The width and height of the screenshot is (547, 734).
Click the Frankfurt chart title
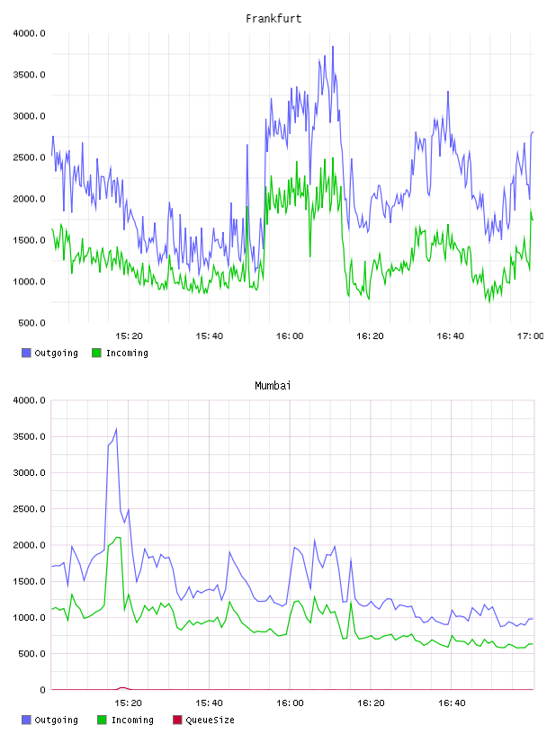tap(273, 19)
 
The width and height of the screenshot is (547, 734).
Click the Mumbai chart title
tap(273, 386)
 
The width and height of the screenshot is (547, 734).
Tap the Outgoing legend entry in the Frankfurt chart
tap(49, 353)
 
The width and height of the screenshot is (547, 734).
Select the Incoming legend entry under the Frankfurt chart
tap(121, 353)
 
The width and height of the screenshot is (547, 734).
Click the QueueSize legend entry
tap(203, 720)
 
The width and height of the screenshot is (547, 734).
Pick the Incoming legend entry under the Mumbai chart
tap(126, 720)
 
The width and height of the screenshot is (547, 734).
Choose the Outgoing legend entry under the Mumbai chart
tap(49, 720)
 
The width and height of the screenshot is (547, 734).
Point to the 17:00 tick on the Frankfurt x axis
tap(531, 336)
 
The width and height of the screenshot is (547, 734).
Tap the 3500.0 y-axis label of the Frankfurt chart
tap(30, 75)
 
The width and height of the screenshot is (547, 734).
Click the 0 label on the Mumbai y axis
tap(42, 690)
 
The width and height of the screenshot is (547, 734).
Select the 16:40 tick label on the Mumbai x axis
tap(452, 703)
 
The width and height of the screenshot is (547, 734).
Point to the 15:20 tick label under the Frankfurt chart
tap(129, 336)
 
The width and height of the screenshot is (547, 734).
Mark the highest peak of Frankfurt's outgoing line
tap(333, 47)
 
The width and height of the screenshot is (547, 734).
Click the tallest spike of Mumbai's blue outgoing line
tap(116, 428)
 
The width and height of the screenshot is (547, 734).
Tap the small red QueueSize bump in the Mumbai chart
tap(122, 687)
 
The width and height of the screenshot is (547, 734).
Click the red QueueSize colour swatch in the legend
tap(177, 720)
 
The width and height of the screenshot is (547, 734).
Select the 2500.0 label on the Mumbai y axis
tap(30, 509)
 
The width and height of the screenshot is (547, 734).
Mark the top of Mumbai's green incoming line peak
tap(119, 537)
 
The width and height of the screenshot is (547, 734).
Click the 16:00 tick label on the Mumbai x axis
tap(290, 703)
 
